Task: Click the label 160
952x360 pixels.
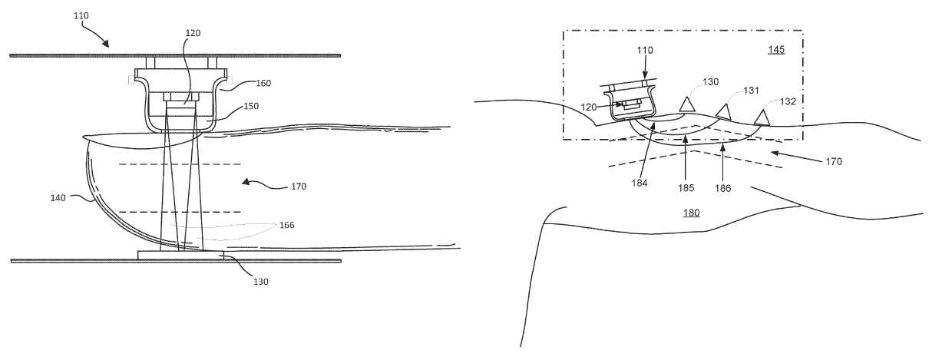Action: point(263,84)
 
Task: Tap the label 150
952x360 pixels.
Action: point(251,106)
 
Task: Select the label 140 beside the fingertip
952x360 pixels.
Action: point(58,197)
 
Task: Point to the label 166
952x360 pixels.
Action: point(287,225)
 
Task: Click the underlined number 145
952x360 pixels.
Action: point(776,50)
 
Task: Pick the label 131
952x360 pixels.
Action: point(751,91)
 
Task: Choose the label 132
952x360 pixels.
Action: point(788,101)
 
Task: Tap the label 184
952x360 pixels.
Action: point(640,183)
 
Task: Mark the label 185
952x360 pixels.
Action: point(686,188)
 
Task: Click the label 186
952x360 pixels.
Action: point(723,188)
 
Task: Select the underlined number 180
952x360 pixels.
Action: point(692,213)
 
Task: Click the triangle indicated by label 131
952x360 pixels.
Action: point(723,112)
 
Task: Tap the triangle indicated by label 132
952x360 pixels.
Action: point(762,117)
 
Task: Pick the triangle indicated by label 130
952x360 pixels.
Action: point(687,104)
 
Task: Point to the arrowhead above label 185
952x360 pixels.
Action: point(685,138)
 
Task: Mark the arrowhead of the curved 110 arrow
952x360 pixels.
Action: point(105,44)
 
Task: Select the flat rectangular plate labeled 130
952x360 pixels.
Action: point(180,255)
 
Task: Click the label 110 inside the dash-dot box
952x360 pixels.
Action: point(645,50)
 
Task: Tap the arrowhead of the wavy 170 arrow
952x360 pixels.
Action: point(245,182)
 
